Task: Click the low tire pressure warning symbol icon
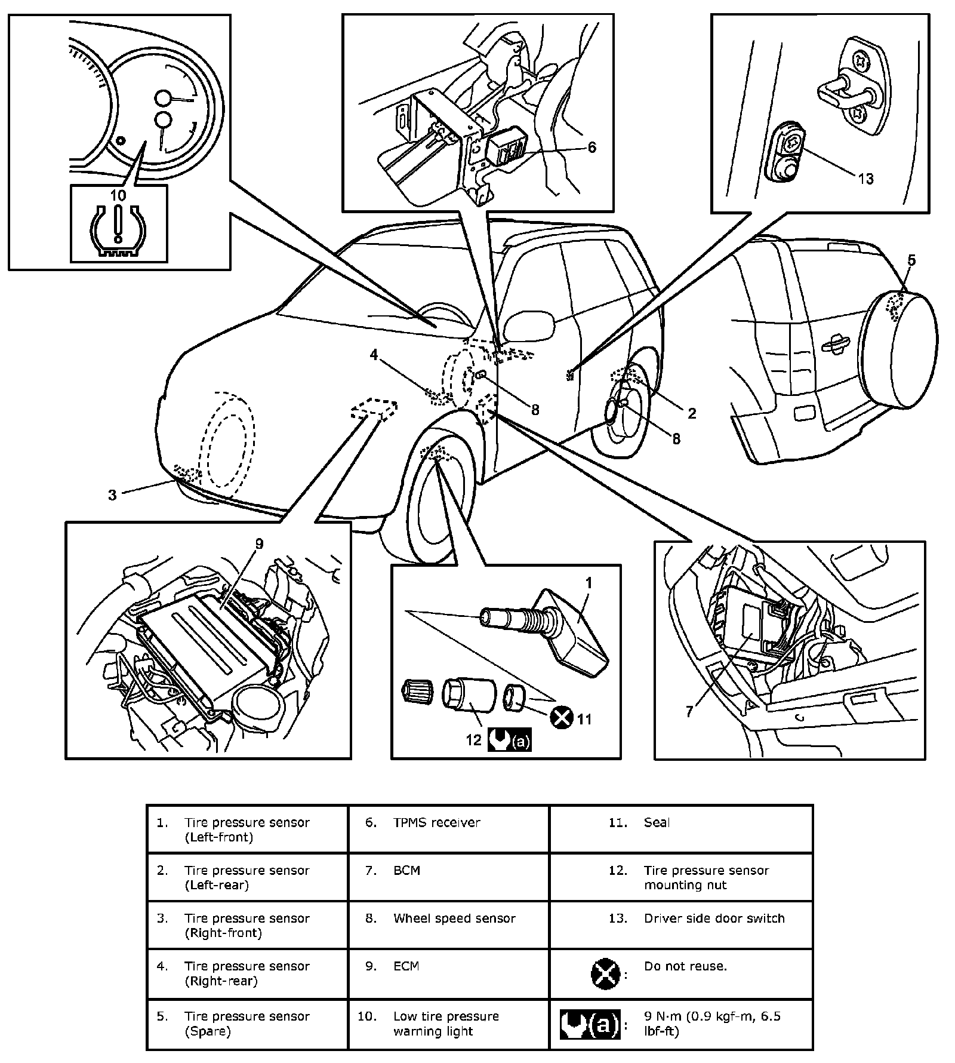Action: [x=119, y=231]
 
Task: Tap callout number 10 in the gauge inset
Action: [x=118, y=195]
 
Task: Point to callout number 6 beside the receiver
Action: [x=592, y=147]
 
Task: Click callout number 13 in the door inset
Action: [x=865, y=178]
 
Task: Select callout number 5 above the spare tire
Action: [x=911, y=260]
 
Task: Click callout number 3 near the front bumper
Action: [x=112, y=494]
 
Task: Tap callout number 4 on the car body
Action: [x=374, y=355]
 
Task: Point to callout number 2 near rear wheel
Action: [x=692, y=413]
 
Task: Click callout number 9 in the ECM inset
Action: [x=259, y=544]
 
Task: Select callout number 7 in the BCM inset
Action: [x=689, y=711]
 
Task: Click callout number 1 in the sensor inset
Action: [x=589, y=583]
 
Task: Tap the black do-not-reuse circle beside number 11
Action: [x=562, y=718]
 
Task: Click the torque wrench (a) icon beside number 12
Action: [x=509, y=741]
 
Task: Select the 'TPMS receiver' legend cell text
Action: [x=437, y=822]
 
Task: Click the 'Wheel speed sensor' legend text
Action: [x=454, y=918]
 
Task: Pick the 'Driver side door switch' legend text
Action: [x=714, y=918]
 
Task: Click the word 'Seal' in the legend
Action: [x=657, y=822]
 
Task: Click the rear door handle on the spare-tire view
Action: [x=834, y=342]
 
